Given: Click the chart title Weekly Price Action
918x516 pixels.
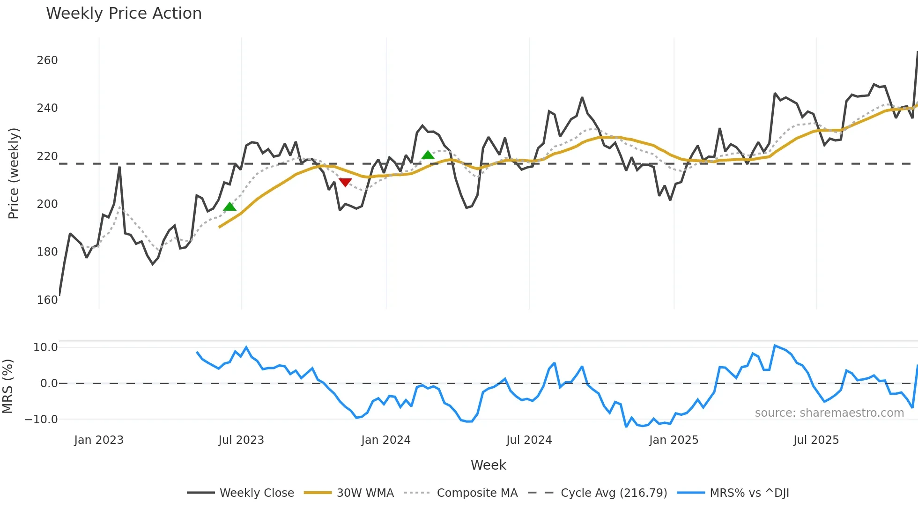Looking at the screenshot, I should (x=124, y=14).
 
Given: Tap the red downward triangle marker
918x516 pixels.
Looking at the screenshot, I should (x=345, y=182).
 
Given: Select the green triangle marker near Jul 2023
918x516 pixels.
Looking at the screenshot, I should (x=229, y=206).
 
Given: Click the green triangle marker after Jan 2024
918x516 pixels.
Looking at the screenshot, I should (x=428, y=155).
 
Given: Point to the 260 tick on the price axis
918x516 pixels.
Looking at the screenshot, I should (x=47, y=60).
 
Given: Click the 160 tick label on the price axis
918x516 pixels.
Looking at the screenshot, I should (x=47, y=300).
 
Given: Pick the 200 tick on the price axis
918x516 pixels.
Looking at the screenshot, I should (x=47, y=204).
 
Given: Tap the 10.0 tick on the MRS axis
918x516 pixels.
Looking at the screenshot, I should (x=45, y=347).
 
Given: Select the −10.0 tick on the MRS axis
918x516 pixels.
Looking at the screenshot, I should (x=41, y=419).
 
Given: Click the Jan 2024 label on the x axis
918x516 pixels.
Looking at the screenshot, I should (x=385, y=440).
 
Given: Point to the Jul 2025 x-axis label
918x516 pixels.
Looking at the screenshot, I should (x=816, y=440).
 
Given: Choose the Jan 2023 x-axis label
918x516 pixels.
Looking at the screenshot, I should (x=99, y=440).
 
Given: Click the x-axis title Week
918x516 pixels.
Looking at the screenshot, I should (x=488, y=465).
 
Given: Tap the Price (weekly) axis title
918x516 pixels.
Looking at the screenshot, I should (x=14, y=173).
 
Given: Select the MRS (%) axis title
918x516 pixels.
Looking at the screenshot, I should (x=7, y=386).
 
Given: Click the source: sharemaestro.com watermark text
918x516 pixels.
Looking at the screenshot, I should (x=829, y=413).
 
